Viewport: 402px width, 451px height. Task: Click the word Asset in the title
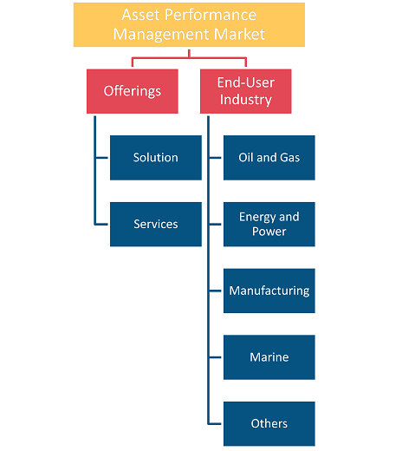tap(140, 15)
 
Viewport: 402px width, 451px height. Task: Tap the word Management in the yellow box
tap(161, 35)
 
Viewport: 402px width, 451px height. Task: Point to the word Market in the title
tap(239, 34)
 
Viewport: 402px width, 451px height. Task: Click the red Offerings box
tap(133, 91)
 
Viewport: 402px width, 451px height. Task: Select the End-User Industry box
tap(246, 91)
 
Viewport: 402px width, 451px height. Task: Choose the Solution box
tap(156, 158)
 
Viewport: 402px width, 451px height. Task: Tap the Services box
tap(156, 224)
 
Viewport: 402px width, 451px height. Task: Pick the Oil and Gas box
tap(269, 158)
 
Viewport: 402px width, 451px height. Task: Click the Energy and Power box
tap(269, 224)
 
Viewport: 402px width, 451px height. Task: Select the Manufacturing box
tap(269, 291)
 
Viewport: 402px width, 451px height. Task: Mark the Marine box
tap(269, 357)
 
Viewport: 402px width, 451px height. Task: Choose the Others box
tap(269, 423)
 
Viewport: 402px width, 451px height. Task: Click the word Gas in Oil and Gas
tap(289, 158)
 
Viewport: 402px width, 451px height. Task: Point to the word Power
tap(269, 232)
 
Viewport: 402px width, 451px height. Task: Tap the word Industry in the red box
tap(246, 100)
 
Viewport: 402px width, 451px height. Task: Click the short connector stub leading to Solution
tap(101, 158)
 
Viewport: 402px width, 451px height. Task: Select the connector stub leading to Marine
tap(215, 357)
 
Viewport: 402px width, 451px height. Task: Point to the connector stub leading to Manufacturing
tap(215, 291)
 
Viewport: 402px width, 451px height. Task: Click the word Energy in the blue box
tap(257, 217)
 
